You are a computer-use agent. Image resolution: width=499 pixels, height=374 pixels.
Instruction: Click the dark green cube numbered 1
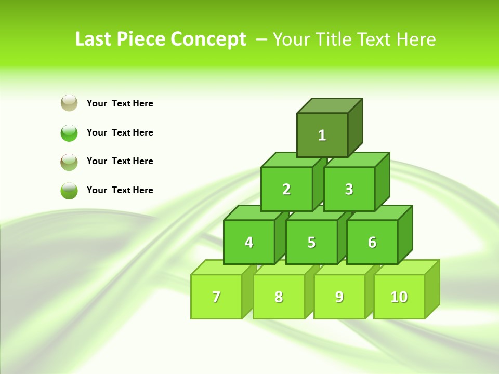[322, 135]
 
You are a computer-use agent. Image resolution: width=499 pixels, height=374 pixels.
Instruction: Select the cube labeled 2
[286, 189]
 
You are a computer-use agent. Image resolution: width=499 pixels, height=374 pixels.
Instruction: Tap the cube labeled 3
[349, 189]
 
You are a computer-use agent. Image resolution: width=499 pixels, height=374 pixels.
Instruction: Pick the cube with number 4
[249, 242]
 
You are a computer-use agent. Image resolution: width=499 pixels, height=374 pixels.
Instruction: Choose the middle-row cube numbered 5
[311, 242]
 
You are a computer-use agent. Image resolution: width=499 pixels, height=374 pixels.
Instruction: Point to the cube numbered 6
[372, 242]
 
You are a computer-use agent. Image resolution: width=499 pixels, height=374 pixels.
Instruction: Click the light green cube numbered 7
[216, 297]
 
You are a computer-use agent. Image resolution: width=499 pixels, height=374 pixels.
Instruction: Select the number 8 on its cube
[279, 297]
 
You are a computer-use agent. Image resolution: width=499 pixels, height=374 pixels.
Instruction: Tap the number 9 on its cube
[339, 297]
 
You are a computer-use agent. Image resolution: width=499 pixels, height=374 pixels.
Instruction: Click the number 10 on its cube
[399, 297]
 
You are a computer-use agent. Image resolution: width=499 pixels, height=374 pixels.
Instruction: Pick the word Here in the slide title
[416, 39]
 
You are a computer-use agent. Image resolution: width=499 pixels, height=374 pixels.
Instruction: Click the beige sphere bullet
[69, 103]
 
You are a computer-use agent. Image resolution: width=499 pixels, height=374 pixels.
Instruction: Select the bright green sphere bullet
[69, 132]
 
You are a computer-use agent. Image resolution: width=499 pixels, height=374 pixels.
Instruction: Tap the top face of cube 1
[330, 105]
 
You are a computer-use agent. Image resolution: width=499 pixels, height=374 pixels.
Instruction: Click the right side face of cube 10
[432, 289]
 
